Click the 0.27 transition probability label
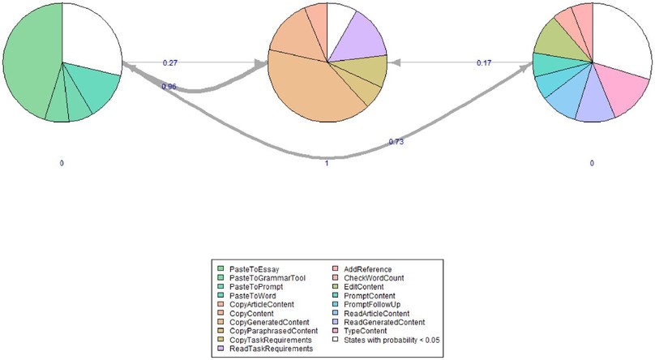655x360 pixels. [x=170, y=63]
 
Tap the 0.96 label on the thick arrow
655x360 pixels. [x=169, y=86]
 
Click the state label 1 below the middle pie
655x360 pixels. [x=326, y=163]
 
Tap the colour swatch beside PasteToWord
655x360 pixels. [x=221, y=295]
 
